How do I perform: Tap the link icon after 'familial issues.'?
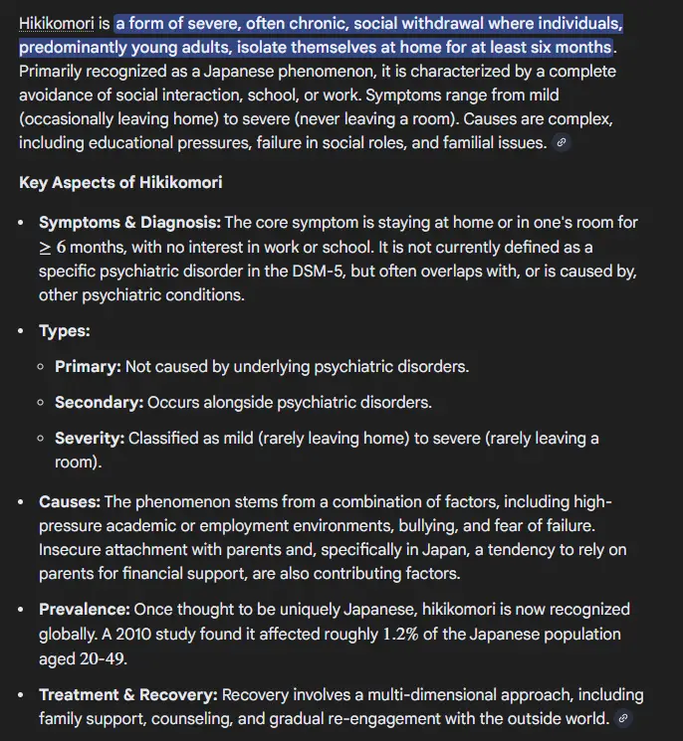tap(562, 143)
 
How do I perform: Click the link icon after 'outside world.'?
tap(622, 718)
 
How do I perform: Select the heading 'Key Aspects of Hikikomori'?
tap(120, 182)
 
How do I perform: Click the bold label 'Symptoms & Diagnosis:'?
tap(130, 222)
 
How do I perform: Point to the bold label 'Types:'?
tap(65, 330)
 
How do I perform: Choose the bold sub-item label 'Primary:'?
tap(88, 366)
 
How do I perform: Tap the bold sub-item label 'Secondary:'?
tap(99, 402)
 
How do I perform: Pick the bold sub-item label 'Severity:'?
tap(90, 438)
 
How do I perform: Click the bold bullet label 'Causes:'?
tap(70, 501)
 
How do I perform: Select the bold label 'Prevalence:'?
tap(85, 609)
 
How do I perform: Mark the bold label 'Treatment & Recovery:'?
tap(128, 694)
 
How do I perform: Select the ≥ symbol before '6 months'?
tap(45, 247)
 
